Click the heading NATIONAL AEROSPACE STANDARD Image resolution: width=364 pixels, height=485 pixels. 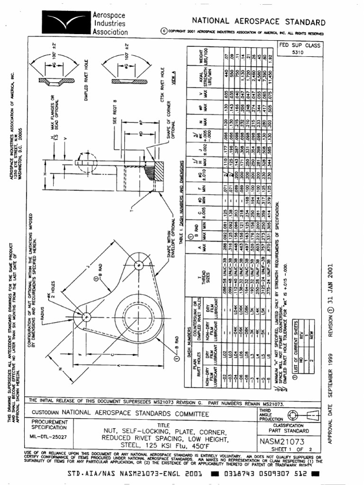click(258, 22)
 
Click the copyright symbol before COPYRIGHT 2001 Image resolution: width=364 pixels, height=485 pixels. click(164, 32)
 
